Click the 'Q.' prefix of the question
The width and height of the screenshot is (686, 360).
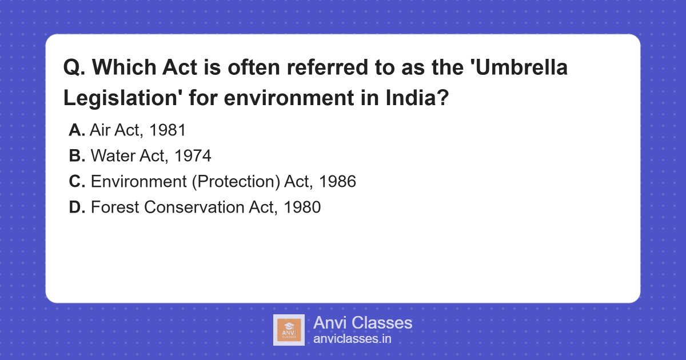(74, 68)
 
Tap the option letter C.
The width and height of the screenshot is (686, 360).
(77, 182)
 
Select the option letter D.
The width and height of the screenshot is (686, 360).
(77, 207)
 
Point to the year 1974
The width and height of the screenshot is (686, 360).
(193, 156)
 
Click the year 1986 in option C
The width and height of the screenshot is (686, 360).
(337, 182)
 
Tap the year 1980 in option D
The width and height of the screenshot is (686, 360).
(302, 207)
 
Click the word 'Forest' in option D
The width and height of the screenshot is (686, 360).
(115, 207)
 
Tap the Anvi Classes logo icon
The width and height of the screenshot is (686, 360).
(289, 330)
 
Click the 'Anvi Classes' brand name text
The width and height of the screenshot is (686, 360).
(362, 323)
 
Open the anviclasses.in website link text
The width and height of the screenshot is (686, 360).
(352, 339)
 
